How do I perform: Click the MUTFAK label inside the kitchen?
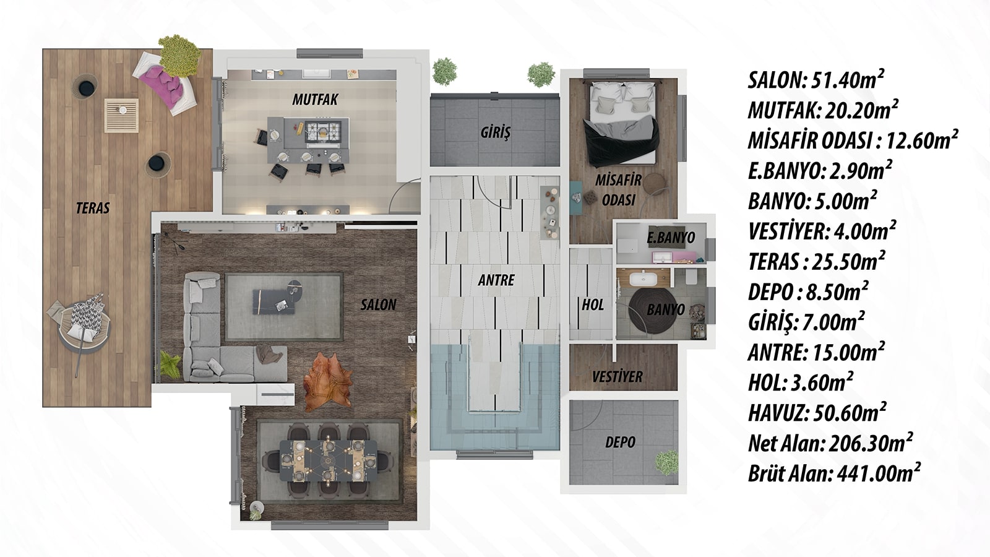tap(315, 100)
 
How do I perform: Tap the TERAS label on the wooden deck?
tap(93, 208)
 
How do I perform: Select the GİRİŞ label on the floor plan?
tap(496, 132)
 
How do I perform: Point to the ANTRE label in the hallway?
tap(496, 280)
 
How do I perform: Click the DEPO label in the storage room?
tap(620, 442)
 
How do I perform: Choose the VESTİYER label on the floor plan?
tap(617, 377)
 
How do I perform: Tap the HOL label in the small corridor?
tap(592, 304)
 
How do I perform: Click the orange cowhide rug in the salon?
tap(328, 381)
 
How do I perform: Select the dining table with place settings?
tap(329, 460)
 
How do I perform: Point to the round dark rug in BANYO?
tap(652, 310)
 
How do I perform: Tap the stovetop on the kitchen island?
tap(323, 131)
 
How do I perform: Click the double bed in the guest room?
tap(622, 123)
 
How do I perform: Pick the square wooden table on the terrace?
tap(121, 115)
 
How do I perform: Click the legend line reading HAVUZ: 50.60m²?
tap(817, 413)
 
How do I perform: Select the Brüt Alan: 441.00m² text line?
tap(834, 473)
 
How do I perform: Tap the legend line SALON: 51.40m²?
tap(816, 80)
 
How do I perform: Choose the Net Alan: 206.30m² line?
tap(830, 443)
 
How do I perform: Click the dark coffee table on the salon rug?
tap(273, 301)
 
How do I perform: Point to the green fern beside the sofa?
tap(171, 365)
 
